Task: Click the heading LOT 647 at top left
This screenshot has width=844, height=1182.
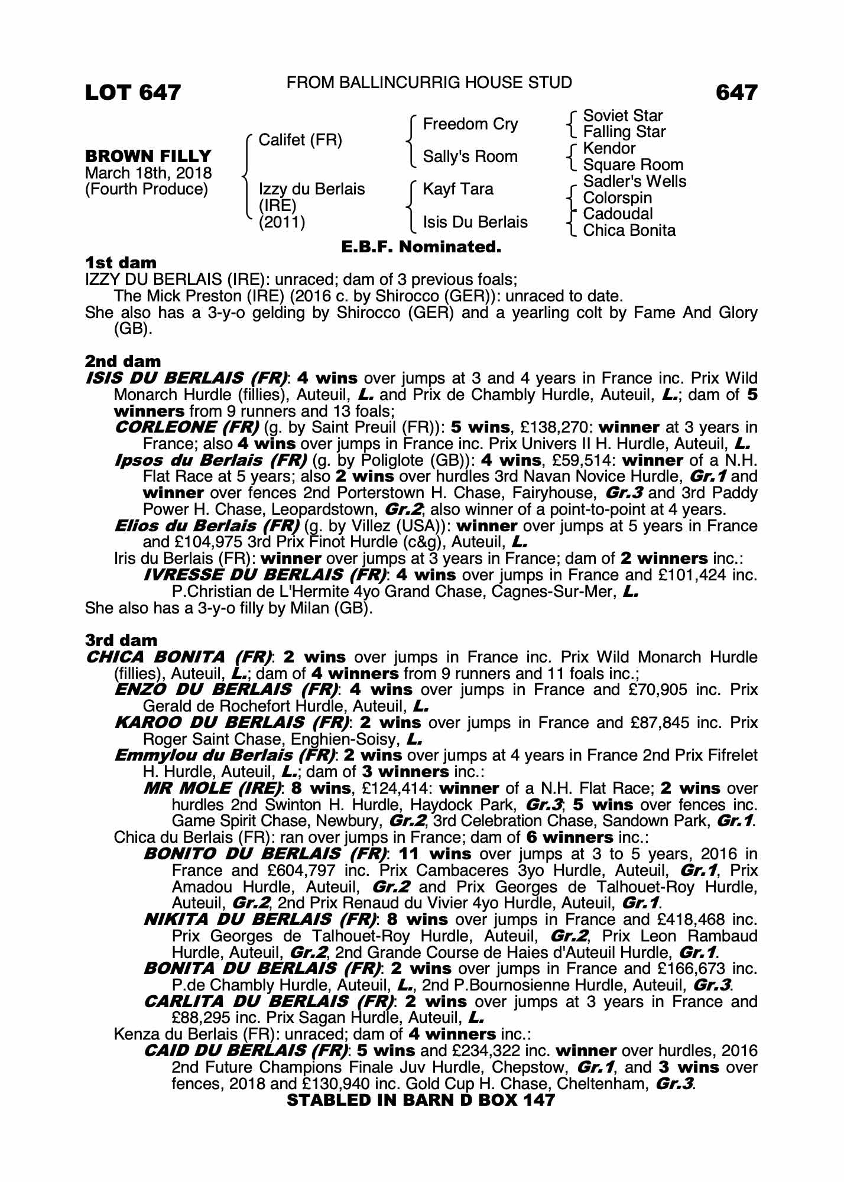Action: coord(133,93)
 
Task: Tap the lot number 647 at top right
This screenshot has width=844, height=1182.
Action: coord(736,93)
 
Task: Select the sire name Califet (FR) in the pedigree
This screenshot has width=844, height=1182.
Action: coord(300,141)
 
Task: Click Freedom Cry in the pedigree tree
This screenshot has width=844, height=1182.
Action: coord(470,124)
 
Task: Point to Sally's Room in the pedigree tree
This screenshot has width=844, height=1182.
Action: coord(470,157)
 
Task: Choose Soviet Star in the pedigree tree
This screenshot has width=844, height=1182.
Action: coord(622,116)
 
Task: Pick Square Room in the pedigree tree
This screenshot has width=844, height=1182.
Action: coord(633,165)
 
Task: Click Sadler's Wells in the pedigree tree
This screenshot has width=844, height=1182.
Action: coord(634,181)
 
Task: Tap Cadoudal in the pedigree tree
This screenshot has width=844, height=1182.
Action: coord(618,214)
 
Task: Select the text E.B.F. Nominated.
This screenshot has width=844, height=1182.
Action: coord(421,247)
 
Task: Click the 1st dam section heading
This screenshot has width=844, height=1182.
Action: coord(121,262)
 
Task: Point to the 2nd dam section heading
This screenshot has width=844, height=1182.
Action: coord(123,361)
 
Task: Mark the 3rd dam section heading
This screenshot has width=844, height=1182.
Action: coord(122,640)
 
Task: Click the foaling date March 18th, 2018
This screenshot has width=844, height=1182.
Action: coord(148,173)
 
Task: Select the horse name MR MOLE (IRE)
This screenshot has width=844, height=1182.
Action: coord(213,788)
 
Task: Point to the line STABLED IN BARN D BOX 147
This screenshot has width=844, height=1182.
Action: coord(421,1100)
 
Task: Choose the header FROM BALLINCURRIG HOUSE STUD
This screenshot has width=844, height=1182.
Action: coord(429,83)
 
